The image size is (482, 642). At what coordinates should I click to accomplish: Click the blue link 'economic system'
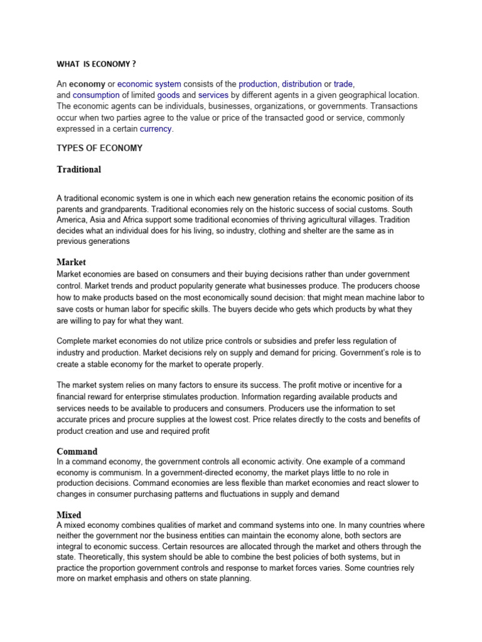(149, 83)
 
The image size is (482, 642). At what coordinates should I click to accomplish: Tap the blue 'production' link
(258, 83)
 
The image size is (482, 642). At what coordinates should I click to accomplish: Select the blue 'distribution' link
(301, 83)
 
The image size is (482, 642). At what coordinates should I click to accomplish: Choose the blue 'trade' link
(343, 83)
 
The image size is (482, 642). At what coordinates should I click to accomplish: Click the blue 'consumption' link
(96, 95)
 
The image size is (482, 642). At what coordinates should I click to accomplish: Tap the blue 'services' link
(213, 95)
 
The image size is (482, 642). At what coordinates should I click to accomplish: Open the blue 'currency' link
(155, 129)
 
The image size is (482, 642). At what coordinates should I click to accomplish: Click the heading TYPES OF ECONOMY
(100, 149)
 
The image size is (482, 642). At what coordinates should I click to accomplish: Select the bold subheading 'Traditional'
(78, 169)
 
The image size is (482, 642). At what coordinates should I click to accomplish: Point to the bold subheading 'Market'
(71, 262)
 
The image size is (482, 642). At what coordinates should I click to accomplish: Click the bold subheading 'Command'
(77, 451)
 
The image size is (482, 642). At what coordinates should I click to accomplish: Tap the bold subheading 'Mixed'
(69, 515)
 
